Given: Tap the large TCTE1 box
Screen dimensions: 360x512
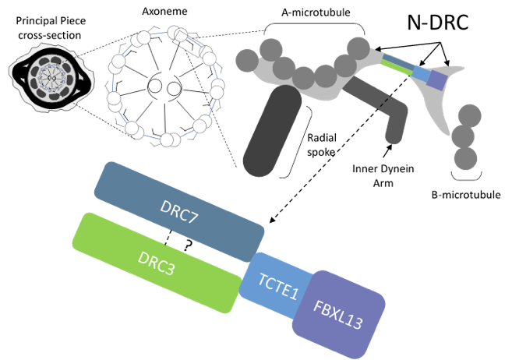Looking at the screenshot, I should (x=279, y=285).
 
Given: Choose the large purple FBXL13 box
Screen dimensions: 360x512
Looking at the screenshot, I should (x=338, y=315).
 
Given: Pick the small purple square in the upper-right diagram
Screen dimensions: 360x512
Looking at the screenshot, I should (x=437, y=79).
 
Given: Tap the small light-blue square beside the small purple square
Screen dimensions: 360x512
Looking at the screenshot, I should (x=421, y=74).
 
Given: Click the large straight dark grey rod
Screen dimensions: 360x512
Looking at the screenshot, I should (x=271, y=131).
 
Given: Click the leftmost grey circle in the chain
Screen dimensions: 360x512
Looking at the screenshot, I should (x=246, y=58).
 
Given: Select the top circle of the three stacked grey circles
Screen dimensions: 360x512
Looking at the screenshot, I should (x=469, y=116).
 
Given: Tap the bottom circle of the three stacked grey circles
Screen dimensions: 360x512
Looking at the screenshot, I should (x=465, y=158).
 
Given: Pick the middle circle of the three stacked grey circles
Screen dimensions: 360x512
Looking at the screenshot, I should (x=463, y=137).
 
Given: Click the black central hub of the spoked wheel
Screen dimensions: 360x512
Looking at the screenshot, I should (x=164, y=86).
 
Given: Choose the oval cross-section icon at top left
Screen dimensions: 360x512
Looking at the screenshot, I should (x=51, y=76).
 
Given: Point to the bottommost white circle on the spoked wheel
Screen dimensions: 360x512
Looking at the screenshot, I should (x=167, y=140).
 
